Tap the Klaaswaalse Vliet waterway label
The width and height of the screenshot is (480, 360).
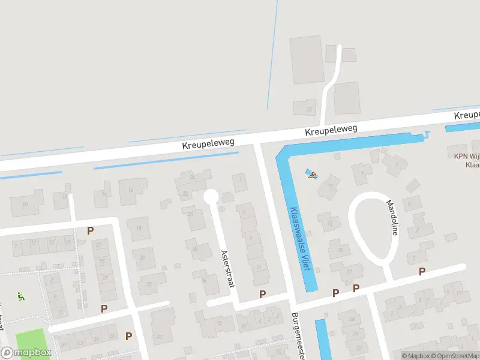click(299, 238)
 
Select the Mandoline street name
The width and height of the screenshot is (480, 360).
click(392, 217)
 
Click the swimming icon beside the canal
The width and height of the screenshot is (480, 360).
click(311, 175)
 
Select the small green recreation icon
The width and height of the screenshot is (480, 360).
click(20, 295)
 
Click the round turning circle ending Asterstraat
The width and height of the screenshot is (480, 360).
click(211, 196)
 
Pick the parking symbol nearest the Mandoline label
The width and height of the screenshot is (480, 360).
click(422, 272)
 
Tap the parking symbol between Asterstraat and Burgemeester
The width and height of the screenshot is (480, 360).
click(262, 293)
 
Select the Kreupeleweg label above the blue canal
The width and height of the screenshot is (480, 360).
click(331, 129)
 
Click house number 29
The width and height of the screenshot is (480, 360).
click(106, 277)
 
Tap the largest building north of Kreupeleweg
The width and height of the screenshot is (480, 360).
click(307, 59)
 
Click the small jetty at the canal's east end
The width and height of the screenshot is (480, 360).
click(427, 134)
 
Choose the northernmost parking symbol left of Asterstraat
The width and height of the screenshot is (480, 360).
click(91, 230)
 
